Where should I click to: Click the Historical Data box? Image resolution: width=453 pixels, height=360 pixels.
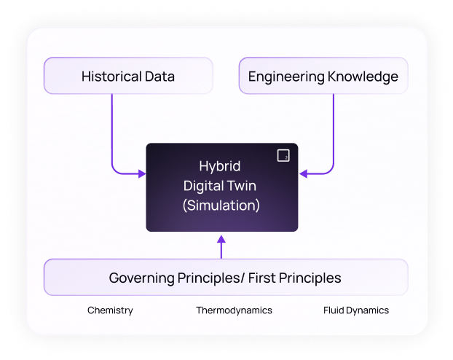coord(128,76)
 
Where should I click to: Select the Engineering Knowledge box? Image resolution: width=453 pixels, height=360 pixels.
coord(323,76)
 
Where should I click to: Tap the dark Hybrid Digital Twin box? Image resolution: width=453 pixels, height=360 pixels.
coord(222,187)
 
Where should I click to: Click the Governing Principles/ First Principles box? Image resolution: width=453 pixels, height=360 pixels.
coord(225,277)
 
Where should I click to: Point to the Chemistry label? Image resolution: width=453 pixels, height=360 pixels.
coord(110,310)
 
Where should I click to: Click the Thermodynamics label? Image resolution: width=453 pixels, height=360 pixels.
coord(234,310)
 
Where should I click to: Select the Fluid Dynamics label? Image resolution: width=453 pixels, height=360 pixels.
coord(356,310)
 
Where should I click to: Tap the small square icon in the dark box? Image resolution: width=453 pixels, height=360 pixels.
coord(283,155)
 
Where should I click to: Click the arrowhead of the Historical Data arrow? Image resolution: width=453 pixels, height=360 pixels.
coord(141,173)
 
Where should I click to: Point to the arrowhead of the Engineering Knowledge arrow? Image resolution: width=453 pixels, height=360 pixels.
coord(304,173)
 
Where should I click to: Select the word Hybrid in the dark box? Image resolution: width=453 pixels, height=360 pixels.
coord(220,166)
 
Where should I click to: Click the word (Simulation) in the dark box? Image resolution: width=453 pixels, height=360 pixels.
coord(221,206)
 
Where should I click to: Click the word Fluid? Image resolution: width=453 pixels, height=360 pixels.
coord(334,310)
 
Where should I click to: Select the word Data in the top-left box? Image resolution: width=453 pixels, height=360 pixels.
coord(159,76)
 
